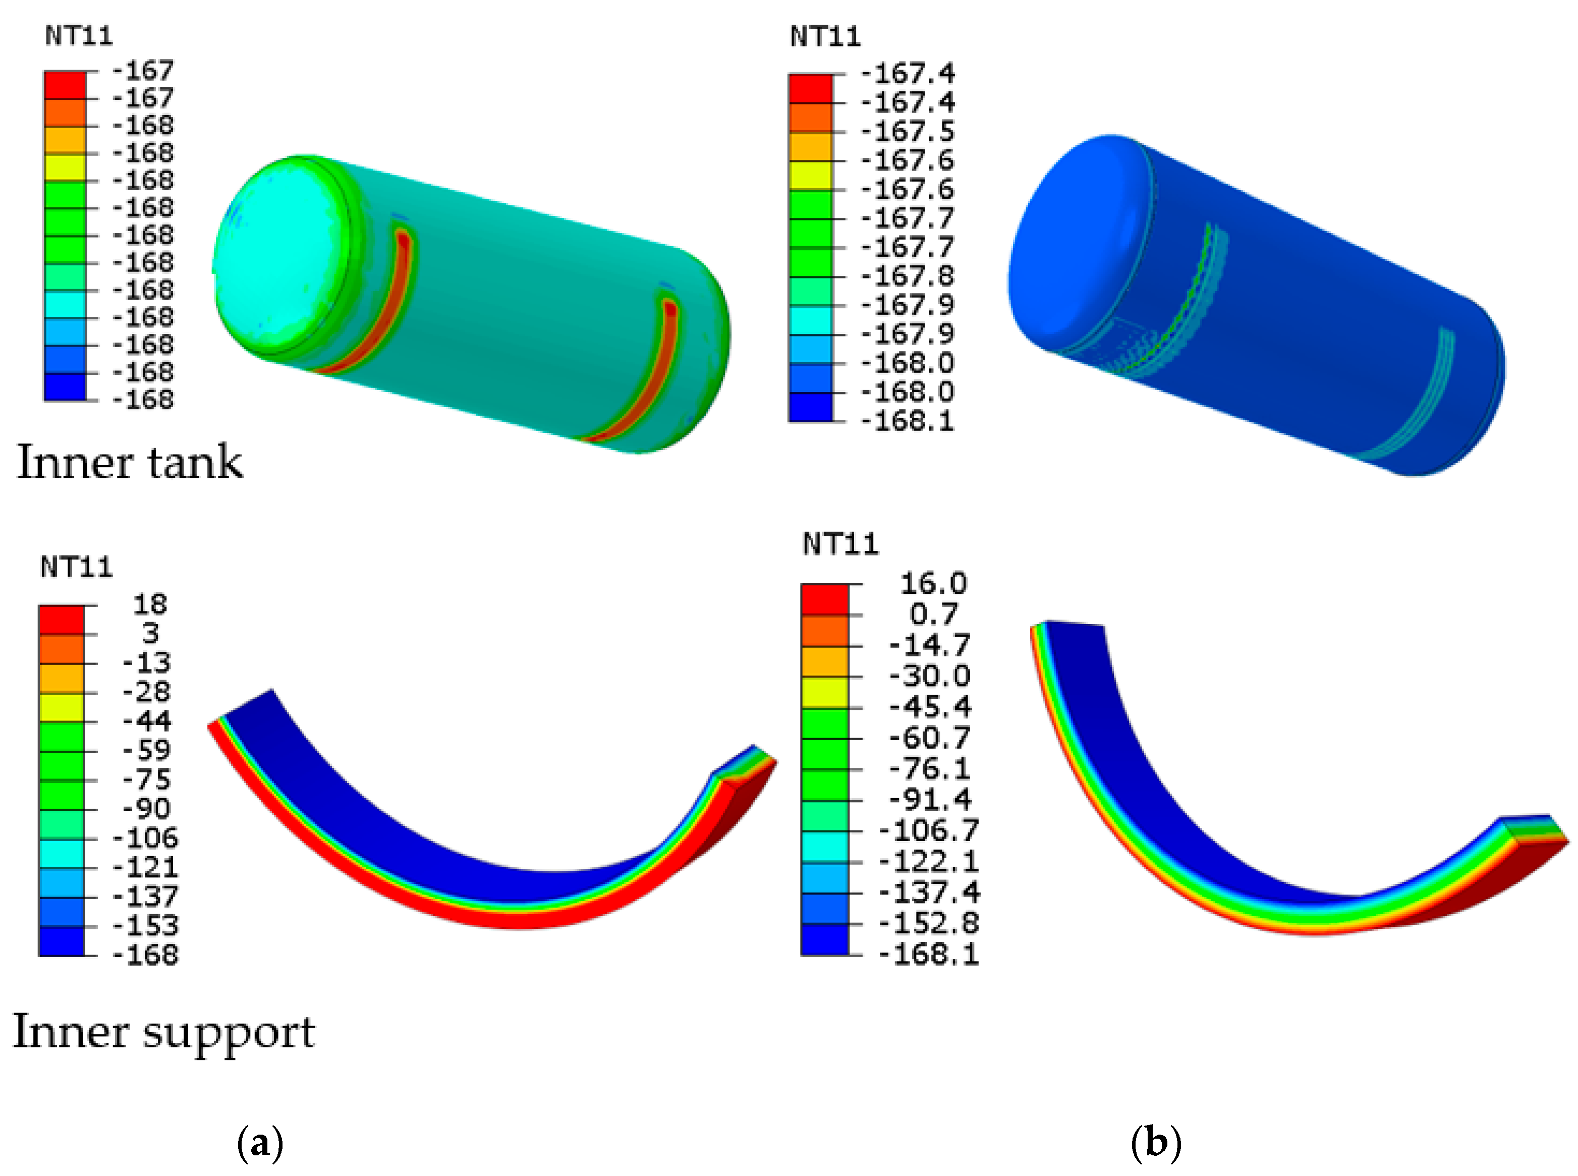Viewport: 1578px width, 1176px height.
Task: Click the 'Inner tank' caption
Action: coord(130,462)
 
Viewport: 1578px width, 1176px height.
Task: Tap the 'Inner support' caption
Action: coord(164,1033)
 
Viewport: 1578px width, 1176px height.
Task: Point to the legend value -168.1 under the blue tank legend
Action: coord(908,421)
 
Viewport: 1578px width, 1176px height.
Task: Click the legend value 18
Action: coord(150,604)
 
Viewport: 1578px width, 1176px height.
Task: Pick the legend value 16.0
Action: coord(933,584)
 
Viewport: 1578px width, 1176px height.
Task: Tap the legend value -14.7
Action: coord(930,645)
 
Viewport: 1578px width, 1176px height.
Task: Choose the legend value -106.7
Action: coord(929,830)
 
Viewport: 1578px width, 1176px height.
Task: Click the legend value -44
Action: coord(147,721)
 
